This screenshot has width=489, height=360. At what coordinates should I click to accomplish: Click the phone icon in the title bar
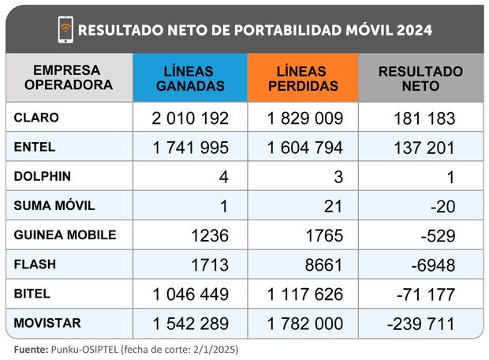click(65, 30)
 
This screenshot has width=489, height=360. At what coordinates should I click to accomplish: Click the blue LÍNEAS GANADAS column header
click(190, 78)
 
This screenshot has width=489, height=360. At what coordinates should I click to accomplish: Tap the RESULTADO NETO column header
click(420, 78)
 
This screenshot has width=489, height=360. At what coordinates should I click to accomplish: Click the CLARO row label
click(36, 118)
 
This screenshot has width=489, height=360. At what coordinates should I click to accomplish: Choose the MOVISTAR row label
click(44, 322)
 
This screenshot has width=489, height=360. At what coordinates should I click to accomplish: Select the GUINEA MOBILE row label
click(65, 234)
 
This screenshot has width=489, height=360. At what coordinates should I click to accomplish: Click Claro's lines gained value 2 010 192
click(190, 118)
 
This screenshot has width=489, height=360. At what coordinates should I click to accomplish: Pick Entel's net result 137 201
click(424, 148)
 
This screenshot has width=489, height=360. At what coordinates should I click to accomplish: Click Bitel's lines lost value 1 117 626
click(304, 294)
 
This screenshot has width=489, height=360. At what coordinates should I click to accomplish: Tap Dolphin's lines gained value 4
click(223, 177)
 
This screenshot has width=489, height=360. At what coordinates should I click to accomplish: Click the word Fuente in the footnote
click(30, 348)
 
